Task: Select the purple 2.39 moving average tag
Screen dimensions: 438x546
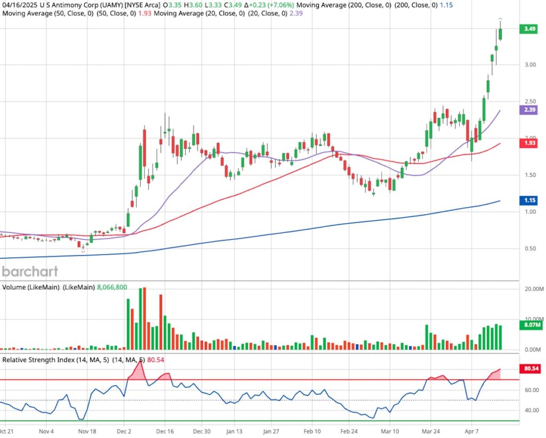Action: (529, 109)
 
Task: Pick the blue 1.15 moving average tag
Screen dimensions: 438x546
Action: (529, 200)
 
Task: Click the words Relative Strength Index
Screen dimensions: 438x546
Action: (38, 360)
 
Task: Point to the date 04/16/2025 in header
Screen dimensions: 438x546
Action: (20, 5)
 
